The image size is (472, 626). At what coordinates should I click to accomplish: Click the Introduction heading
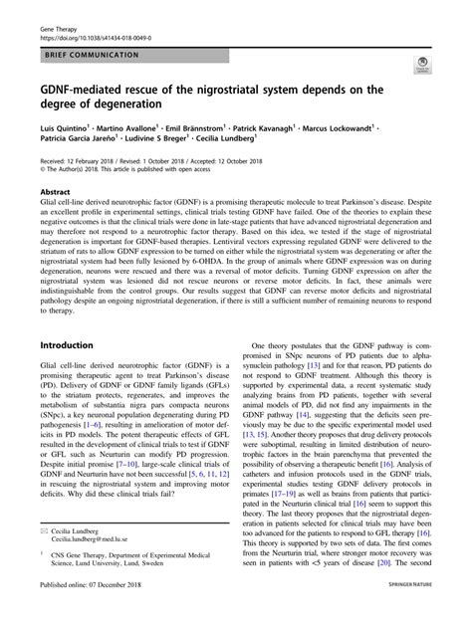point(66,343)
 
